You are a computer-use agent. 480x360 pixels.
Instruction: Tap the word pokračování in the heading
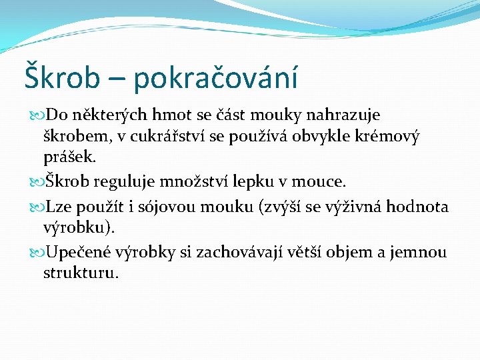tap(215, 77)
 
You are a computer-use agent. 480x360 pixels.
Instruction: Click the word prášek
tap(69, 159)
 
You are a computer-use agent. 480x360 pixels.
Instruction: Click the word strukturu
tap(81, 273)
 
